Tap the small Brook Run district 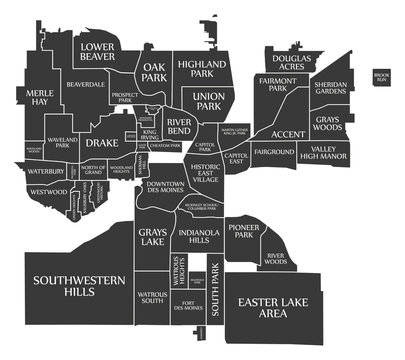[x=381, y=76]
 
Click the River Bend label [x=179, y=126]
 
